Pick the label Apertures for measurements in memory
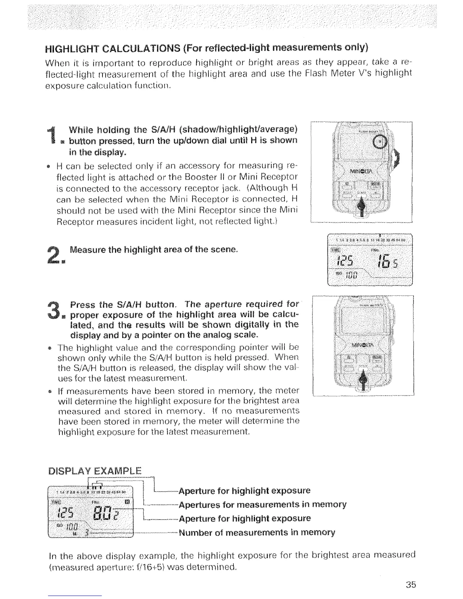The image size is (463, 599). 263,504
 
